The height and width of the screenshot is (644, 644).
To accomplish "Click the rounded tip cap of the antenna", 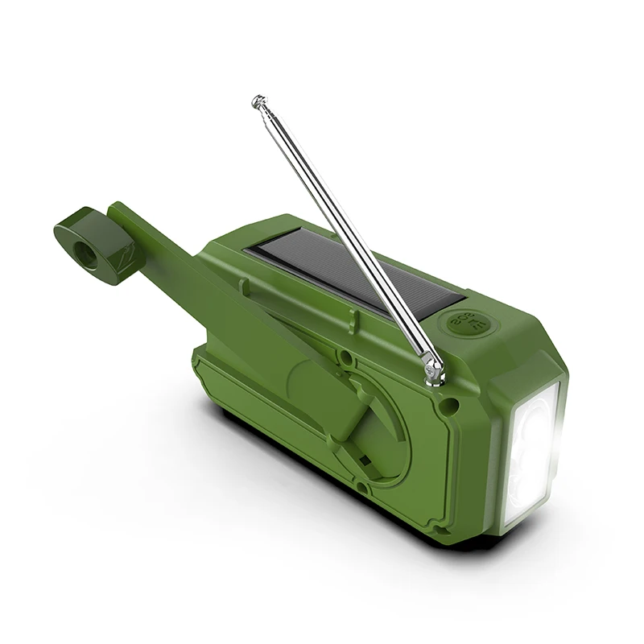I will pos(258,101).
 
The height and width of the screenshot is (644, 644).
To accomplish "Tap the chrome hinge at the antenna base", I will pos(435,369).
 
